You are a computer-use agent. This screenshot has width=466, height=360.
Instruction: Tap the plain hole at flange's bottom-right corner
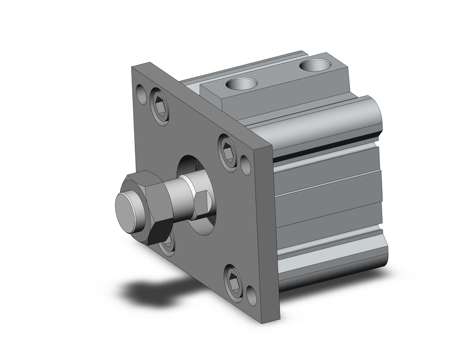pyautogui.click(x=252, y=296)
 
